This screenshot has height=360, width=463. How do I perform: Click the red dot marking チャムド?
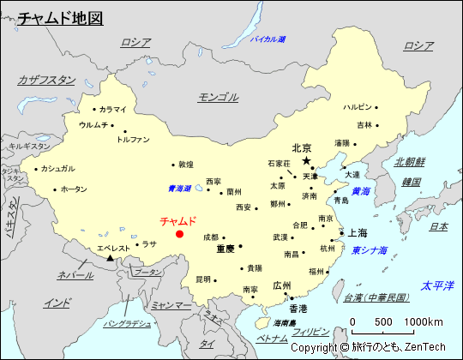click(179, 233)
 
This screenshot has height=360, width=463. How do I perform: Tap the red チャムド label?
click(178, 220)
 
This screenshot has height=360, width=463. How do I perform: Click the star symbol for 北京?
click(306, 161)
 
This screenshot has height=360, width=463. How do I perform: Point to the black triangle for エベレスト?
click(110, 256)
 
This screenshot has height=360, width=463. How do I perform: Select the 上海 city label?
click(356, 233)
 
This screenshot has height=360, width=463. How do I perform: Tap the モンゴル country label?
click(218, 97)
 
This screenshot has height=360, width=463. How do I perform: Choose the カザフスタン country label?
click(46, 80)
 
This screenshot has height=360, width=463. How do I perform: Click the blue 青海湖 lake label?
click(179, 189)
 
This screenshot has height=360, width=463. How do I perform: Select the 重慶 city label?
click(225, 249)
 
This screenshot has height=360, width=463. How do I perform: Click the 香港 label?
click(298, 308)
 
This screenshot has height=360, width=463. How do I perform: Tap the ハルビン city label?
click(358, 107)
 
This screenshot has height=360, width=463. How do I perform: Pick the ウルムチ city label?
click(93, 124)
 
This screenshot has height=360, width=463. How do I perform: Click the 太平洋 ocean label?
click(436, 285)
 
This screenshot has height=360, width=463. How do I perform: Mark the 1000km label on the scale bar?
click(423, 321)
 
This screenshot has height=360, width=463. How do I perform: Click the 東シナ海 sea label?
click(369, 250)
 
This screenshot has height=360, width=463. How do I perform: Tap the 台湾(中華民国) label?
click(376, 297)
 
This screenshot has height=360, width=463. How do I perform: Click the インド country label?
click(57, 303)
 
